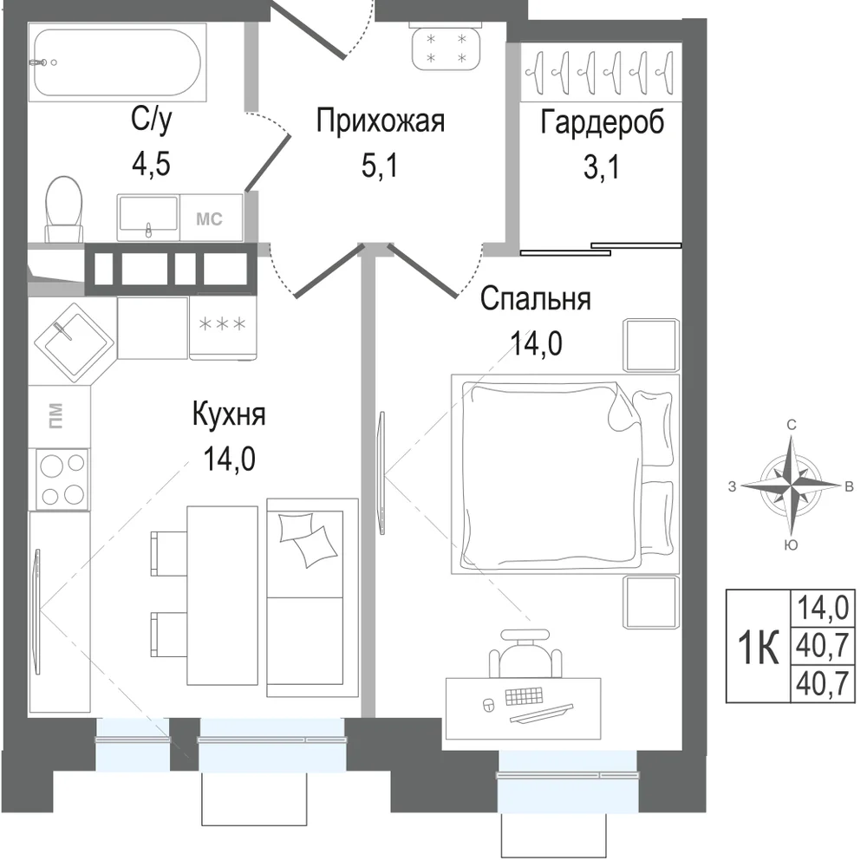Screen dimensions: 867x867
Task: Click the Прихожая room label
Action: [x=381, y=121]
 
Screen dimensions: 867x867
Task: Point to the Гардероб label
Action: [x=603, y=121]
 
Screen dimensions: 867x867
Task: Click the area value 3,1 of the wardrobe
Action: [x=602, y=166]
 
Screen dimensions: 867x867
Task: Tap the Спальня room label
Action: [x=535, y=298]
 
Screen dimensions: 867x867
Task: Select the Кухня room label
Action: [x=229, y=414]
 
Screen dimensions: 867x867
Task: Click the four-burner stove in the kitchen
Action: [x=62, y=479]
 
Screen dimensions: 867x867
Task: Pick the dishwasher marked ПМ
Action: [x=59, y=416]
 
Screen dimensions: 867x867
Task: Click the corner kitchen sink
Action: [x=75, y=342]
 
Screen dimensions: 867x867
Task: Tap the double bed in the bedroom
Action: [x=565, y=474]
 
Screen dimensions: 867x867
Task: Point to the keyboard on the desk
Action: [x=524, y=696]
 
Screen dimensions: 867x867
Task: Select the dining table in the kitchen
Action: [x=222, y=596]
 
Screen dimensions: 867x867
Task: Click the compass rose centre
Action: [x=792, y=486]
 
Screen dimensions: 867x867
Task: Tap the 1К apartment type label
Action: [x=759, y=647]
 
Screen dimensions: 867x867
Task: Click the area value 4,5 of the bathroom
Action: [x=151, y=164]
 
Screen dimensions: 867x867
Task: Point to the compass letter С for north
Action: [x=792, y=425]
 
